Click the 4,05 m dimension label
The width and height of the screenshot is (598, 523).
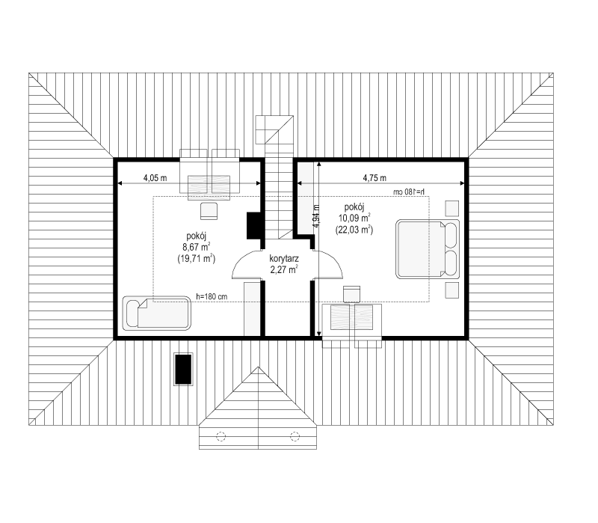[155, 178]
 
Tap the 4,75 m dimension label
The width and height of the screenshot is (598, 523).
[374, 178]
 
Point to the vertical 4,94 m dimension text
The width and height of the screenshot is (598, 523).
[315, 216]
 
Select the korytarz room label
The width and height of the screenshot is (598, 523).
[284, 258]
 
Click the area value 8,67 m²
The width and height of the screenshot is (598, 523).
[197, 247]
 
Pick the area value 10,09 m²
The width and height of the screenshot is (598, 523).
[354, 218]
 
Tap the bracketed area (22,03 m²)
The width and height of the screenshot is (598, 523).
[354, 230]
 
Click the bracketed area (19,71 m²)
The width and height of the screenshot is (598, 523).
[197, 259]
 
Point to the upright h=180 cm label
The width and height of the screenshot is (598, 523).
[212, 296]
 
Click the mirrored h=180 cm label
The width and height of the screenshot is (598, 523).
[409, 192]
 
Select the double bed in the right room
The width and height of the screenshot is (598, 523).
[428, 249]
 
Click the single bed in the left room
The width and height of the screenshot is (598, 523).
[156, 313]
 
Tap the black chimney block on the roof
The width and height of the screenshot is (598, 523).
[183, 369]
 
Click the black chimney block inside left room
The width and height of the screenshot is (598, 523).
[253, 226]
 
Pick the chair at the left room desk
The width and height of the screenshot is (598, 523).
[209, 211]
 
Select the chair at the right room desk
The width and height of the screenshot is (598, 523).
[351, 294]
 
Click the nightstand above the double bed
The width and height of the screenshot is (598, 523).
[452, 209]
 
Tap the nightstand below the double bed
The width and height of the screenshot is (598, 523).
[452, 290]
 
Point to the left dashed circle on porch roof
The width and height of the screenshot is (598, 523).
[221, 436]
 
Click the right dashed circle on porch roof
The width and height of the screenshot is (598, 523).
[295, 436]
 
